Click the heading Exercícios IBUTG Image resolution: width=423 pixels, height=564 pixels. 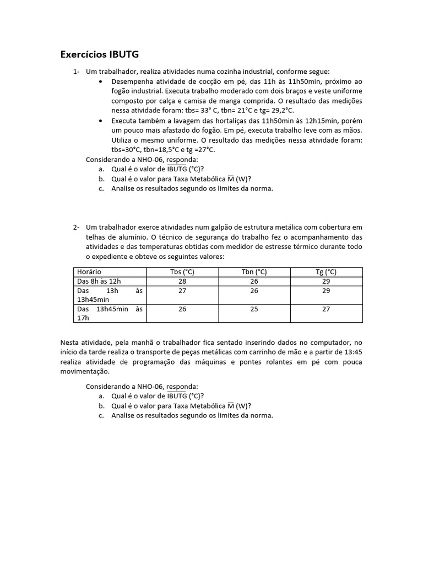pyautogui.click(x=99, y=54)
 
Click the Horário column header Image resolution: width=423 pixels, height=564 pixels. pyautogui.click(x=89, y=272)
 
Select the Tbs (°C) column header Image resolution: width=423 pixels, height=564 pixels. pyautogui.click(x=182, y=272)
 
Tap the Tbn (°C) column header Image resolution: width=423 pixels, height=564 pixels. pyautogui.click(x=254, y=272)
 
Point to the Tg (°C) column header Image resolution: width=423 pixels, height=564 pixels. pyautogui.click(x=326, y=272)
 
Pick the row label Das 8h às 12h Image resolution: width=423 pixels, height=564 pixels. pyautogui.click(x=99, y=281)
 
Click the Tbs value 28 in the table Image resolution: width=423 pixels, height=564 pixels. pyautogui.click(x=182, y=281)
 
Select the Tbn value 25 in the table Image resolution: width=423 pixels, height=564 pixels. pyautogui.click(x=254, y=309)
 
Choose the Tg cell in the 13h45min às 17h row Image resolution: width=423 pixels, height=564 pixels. pyautogui.click(x=326, y=309)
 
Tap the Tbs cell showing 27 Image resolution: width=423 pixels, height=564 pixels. pyautogui.click(x=182, y=290)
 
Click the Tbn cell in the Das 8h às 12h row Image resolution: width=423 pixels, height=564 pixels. pyautogui.click(x=254, y=281)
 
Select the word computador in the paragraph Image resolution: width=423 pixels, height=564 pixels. pyautogui.click(x=326, y=342)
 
